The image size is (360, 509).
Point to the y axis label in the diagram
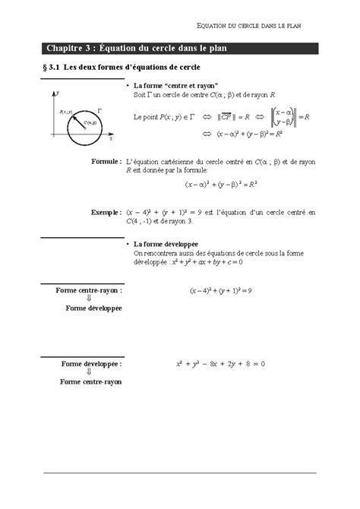[58, 92]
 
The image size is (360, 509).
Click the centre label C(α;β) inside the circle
[90, 122]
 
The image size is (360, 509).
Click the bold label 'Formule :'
[105, 162]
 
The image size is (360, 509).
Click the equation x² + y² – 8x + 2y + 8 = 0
[220, 365]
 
